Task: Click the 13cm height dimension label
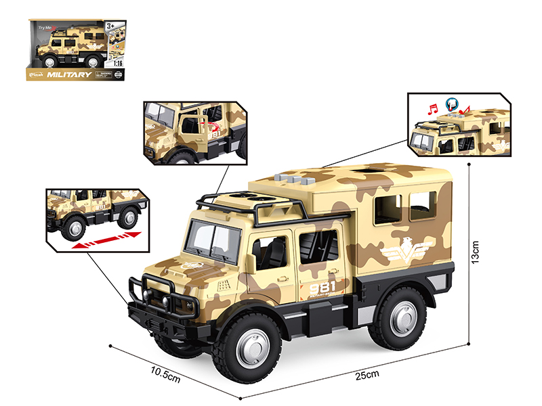click(x=476, y=252)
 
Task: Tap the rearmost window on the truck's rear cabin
click(x=423, y=206)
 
